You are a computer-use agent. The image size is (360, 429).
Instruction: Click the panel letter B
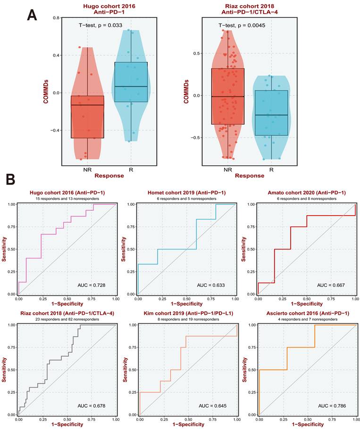tap(12, 180)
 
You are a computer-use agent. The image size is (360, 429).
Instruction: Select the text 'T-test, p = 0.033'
tap(101, 25)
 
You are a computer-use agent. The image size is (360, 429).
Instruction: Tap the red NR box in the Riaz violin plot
tap(228, 96)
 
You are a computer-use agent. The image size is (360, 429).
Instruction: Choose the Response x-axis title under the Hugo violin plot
tap(109, 176)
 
